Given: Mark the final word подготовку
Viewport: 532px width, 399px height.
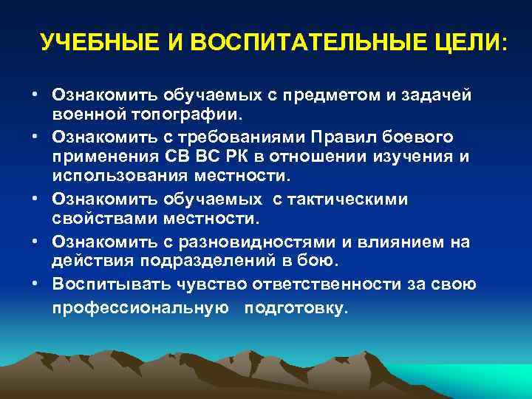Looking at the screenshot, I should pyautogui.click(x=298, y=308).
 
